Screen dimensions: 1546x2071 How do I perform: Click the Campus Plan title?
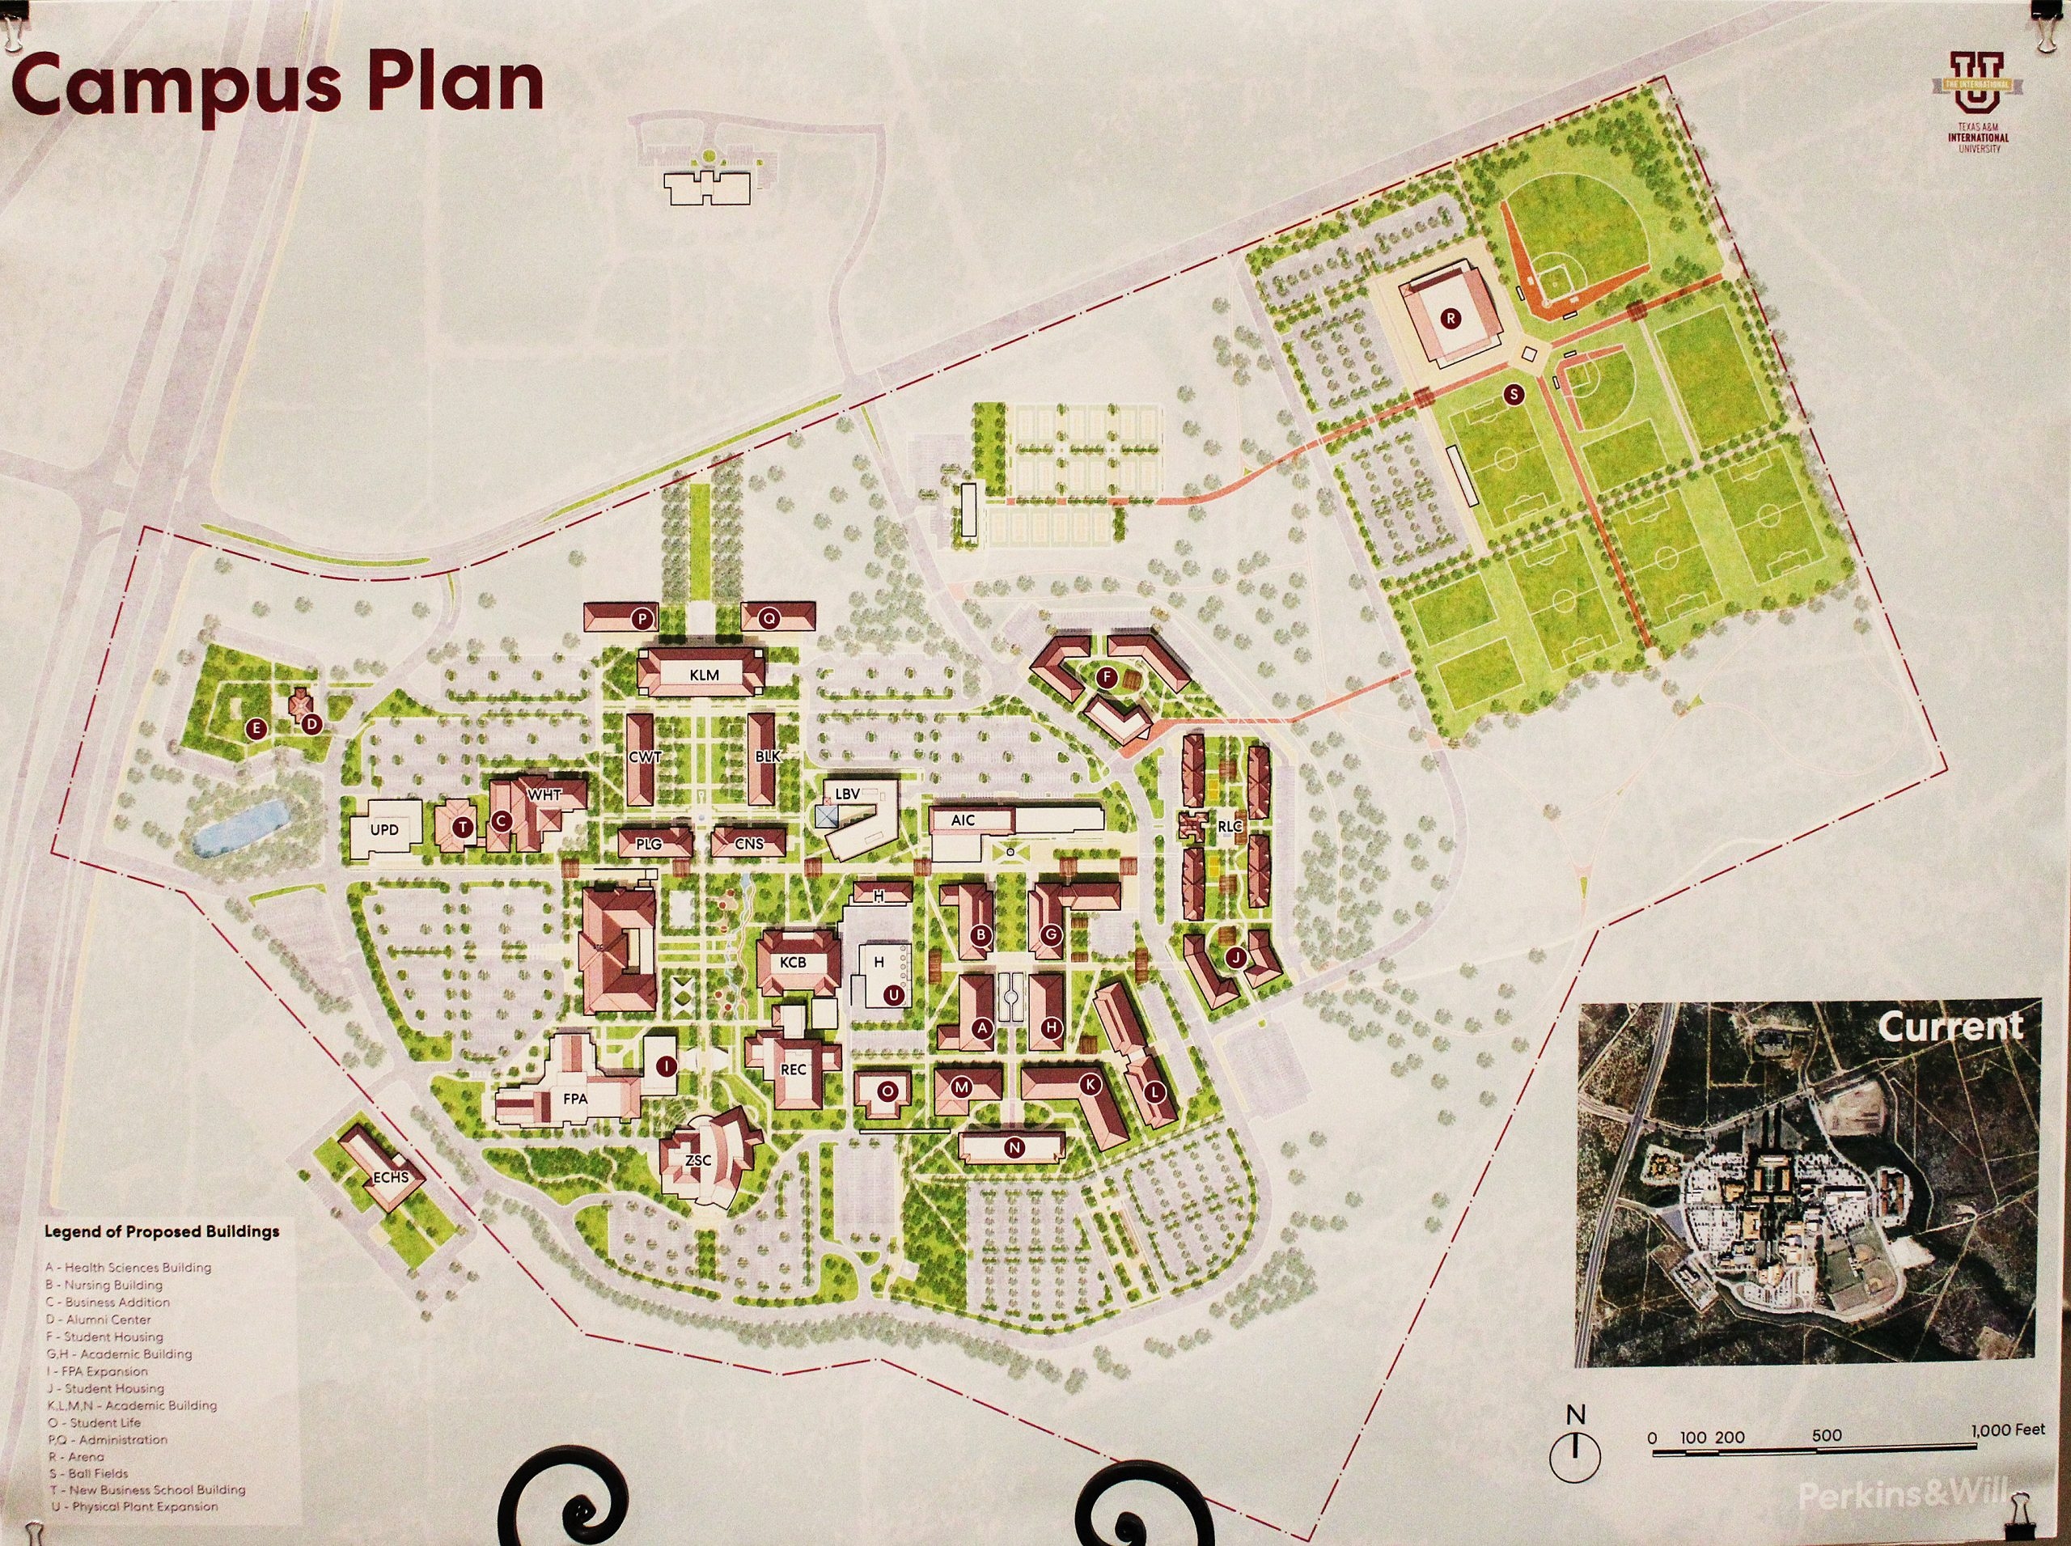[278, 84]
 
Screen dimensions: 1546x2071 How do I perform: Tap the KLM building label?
[704, 675]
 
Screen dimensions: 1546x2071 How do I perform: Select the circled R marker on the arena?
[1451, 318]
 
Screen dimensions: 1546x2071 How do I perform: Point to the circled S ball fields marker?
[1514, 395]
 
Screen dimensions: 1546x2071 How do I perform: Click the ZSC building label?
[698, 1160]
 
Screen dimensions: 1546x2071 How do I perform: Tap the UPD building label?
[383, 829]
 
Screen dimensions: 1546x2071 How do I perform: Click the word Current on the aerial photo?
[1950, 1027]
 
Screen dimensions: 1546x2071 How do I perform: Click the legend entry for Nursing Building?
[104, 1285]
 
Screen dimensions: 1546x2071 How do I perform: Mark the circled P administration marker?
[642, 619]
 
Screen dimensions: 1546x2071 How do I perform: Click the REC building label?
[793, 1069]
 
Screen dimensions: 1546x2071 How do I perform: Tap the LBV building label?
[847, 794]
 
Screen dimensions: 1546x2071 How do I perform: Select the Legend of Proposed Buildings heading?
[162, 1231]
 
